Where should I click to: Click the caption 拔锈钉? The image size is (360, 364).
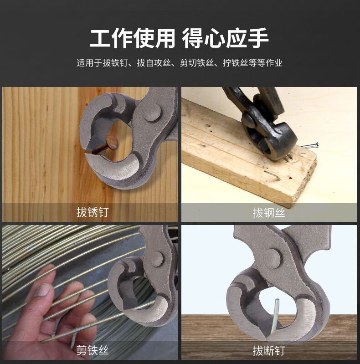click(93, 212)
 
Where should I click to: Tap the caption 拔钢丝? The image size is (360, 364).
click(269, 212)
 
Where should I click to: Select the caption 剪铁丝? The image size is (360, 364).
click(93, 350)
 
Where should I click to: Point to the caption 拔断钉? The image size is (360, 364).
click(269, 350)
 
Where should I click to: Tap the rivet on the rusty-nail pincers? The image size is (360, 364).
click(152, 112)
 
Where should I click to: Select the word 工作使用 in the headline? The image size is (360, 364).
click(132, 38)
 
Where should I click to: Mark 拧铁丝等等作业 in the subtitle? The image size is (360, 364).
click(252, 63)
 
